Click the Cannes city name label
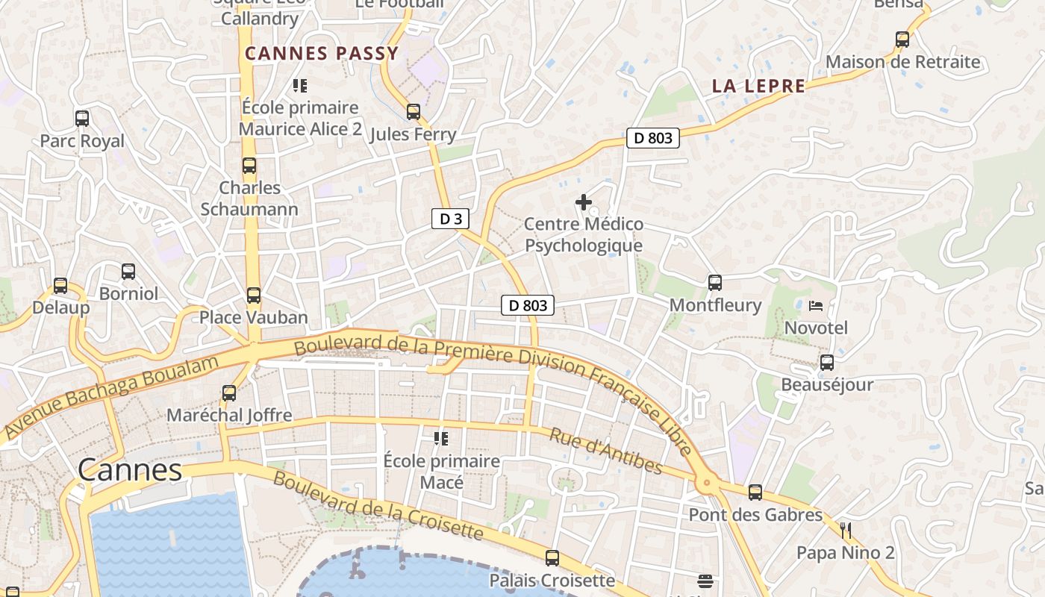(130, 470)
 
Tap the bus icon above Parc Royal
(82, 118)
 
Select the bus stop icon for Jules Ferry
(413, 112)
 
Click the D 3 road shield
(450, 219)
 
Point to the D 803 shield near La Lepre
(652, 137)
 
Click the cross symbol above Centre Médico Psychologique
(583, 202)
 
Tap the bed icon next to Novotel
(816, 305)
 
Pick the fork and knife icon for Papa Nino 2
(845, 531)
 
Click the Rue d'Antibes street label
(605, 451)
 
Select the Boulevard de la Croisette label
(378, 506)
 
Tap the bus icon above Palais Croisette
(552, 557)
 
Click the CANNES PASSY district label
(322, 54)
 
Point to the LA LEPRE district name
(758, 86)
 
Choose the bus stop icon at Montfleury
(714, 282)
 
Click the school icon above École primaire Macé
(440, 438)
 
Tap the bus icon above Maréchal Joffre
(229, 393)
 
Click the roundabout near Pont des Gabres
(707, 484)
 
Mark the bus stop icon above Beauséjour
(826, 363)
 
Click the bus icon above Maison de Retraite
(902, 39)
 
